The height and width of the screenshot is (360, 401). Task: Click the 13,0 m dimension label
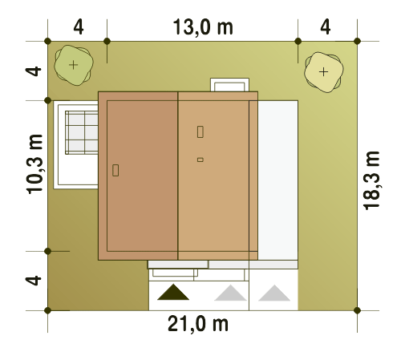[203, 27]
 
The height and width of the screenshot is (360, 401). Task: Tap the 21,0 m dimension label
[198, 324]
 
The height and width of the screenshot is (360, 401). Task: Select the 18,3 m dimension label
[371, 180]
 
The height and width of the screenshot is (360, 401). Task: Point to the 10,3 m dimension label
[34, 164]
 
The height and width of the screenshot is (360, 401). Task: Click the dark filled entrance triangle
[173, 292]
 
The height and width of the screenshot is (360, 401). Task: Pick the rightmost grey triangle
[274, 293]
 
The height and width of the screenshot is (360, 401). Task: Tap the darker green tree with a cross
[74, 65]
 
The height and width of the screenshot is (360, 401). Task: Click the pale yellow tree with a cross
[324, 72]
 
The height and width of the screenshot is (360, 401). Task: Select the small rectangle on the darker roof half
[115, 170]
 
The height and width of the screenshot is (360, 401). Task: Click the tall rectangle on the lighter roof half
[200, 131]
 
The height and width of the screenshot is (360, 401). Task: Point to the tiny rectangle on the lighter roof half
[200, 160]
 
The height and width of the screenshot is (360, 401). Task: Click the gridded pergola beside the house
[82, 132]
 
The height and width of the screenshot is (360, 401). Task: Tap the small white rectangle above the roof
[229, 85]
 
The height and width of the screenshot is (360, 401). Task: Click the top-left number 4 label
[79, 27]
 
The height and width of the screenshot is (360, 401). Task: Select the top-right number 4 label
[326, 27]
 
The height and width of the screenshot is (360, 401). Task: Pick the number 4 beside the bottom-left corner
[34, 281]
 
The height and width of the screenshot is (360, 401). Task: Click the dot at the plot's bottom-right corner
[357, 310]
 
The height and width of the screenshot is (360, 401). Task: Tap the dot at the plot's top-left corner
[48, 41]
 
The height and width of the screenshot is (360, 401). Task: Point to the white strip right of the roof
[277, 180]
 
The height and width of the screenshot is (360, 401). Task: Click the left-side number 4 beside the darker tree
[34, 71]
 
